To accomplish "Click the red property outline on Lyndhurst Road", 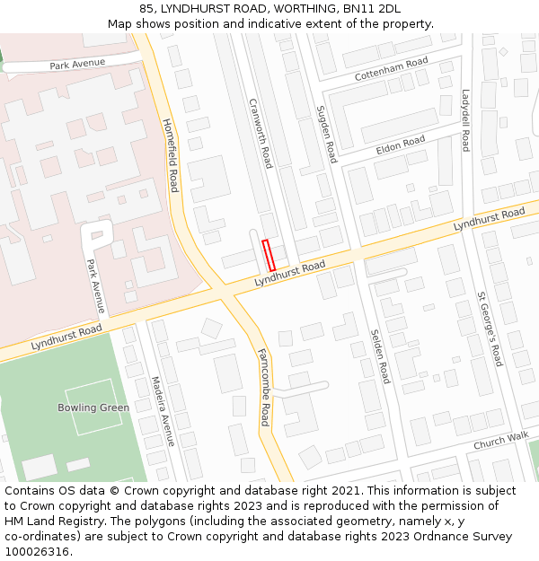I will [x=268, y=256].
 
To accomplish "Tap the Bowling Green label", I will [x=93, y=408].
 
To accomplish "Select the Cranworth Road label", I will [x=260, y=133].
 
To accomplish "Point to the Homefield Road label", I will [x=170, y=155].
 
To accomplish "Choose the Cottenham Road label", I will [x=391, y=69].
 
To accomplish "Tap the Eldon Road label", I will [x=401, y=145].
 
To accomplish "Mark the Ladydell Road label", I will [x=465, y=120].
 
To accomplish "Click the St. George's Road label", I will [x=490, y=329].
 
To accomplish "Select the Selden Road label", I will [x=380, y=356].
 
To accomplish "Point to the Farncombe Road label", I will [x=263, y=387].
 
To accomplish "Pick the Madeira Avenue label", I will [x=162, y=411].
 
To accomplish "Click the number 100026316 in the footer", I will [x=40, y=551].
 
